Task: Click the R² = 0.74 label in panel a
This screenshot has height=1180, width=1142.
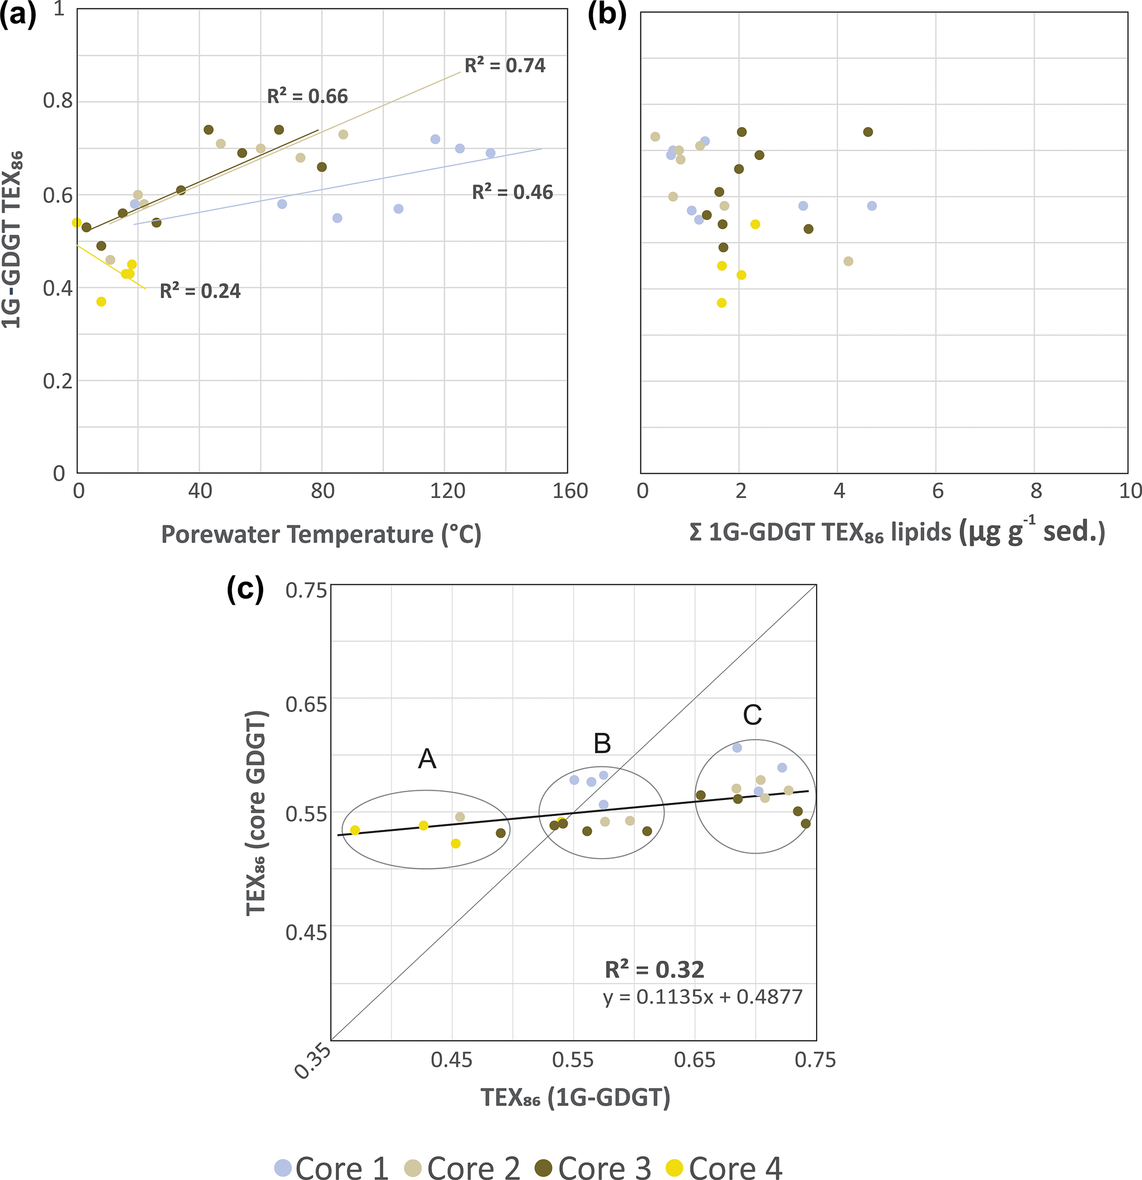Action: point(505,65)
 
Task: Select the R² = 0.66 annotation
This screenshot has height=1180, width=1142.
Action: point(307,96)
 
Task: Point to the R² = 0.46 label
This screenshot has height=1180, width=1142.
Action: point(512,192)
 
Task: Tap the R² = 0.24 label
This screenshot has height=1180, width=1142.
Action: point(200,291)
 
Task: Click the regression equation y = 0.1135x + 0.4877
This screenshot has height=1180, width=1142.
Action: point(703,998)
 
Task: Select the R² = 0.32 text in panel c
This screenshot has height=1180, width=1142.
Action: point(654,970)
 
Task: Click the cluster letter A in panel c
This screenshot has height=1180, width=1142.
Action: point(427,759)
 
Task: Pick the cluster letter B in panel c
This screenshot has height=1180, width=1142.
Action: point(602,744)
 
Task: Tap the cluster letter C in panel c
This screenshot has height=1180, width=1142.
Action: point(752,715)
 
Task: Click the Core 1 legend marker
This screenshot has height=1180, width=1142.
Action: point(282,1167)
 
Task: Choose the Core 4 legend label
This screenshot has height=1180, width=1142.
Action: point(735,1167)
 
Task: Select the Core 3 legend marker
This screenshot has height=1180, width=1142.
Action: point(544,1167)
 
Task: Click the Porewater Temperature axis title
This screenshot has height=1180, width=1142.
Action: point(321,535)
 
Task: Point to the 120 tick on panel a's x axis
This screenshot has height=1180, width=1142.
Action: point(448,491)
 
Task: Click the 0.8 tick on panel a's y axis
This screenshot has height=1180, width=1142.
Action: point(58,100)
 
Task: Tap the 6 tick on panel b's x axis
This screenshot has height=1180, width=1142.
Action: point(937,491)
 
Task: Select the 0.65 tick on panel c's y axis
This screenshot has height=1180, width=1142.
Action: point(306,704)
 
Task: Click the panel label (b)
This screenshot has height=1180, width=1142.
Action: point(607,14)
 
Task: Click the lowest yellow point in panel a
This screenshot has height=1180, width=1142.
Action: point(101,301)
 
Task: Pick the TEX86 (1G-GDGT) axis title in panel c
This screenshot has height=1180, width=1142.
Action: point(575,1098)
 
